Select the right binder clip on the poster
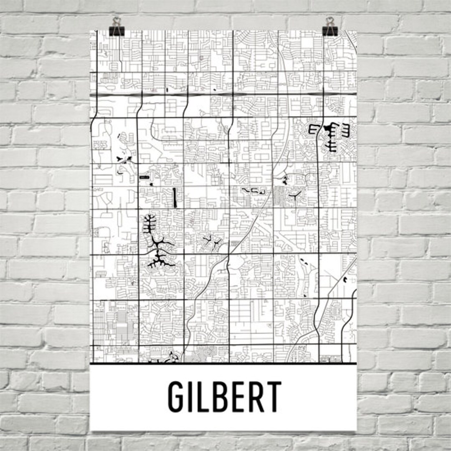click(x=330, y=27)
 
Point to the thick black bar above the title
click(x=223, y=363)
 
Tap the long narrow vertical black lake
click(x=174, y=198)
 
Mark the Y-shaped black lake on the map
click(x=296, y=194)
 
